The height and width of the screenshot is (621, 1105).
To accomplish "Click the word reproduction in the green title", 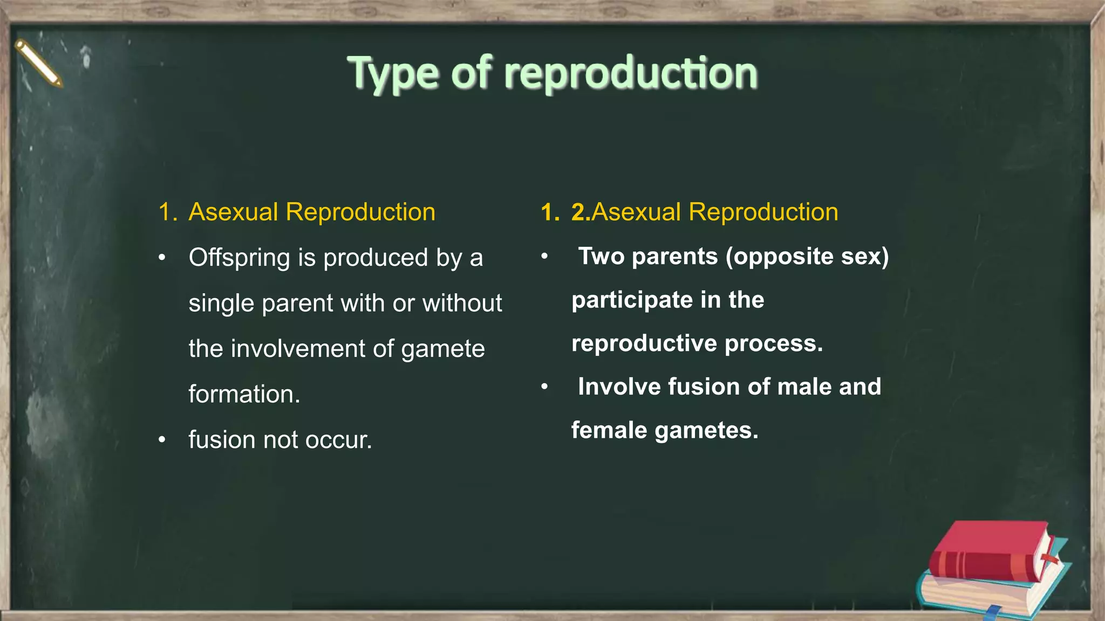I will coord(631,74).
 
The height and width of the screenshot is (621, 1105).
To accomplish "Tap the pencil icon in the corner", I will coord(38,63).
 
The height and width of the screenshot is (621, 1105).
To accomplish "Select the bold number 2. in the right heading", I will coord(581,212).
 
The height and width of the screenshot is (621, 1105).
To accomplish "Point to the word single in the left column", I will coord(221,303).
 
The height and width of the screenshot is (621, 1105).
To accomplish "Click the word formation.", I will coord(244,394).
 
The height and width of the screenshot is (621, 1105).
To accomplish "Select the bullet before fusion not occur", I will coord(162,440).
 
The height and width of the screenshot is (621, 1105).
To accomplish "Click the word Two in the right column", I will coord(601,256).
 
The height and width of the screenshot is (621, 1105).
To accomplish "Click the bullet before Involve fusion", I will coord(545,387).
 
